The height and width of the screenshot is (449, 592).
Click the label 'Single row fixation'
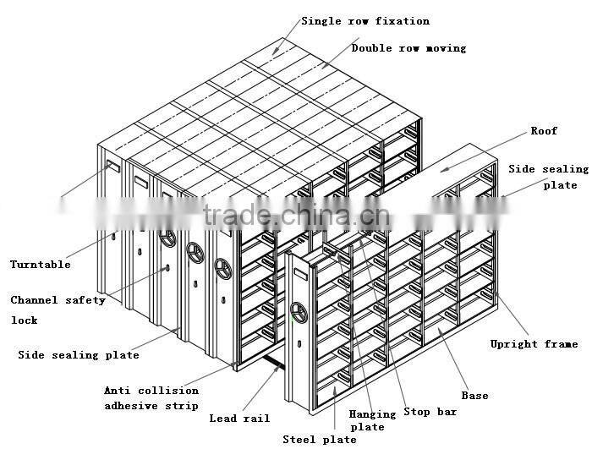click(x=365, y=21)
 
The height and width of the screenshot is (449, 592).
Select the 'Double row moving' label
click(x=408, y=48)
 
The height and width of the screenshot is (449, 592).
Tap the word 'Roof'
click(x=544, y=131)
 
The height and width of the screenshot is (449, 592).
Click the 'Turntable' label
click(x=41, y=265)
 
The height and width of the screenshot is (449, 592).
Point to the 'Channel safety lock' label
click(x=58, y=310)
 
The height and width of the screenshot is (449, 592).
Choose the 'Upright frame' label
click(x=534, y=344)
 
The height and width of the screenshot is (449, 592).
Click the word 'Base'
click(x=474, y=396)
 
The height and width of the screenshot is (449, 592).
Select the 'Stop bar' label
click(x=430, y=412)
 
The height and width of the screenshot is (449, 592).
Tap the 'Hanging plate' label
click(x=372, y=420)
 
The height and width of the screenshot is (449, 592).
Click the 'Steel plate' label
click(x=320, y=440)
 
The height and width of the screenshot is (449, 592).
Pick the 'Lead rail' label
click(x=239, y=419)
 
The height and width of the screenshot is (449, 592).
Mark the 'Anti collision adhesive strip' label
click(x=151, y=398)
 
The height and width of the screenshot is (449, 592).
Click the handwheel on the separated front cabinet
click(x=299, y=313)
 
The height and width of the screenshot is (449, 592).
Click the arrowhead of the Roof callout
click(x=445, y=170)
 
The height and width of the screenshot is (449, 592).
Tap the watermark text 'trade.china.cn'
click(x=296, y=216)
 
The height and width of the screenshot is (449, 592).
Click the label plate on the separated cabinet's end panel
click(x=301, y=273)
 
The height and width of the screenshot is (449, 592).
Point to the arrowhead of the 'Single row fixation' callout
click(x=276, y=51)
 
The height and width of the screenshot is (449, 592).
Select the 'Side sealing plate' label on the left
click(x=79, y=355)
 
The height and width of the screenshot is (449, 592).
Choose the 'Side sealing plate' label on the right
click(x=548, y=177)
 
